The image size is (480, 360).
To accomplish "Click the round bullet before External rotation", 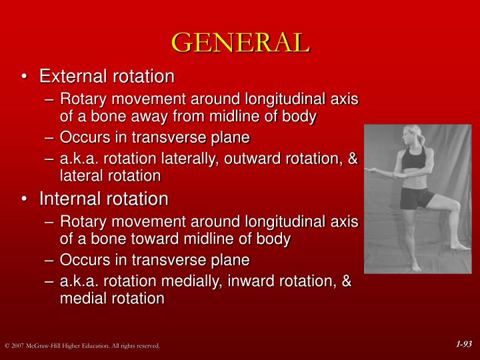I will coord(25,77).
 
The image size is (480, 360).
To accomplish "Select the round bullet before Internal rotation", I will coord(25,199).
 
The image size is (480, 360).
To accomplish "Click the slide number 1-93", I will coord(464,344).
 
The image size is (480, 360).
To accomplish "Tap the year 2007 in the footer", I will coord(17,346).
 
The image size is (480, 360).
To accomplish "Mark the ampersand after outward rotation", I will coord(353,159).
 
